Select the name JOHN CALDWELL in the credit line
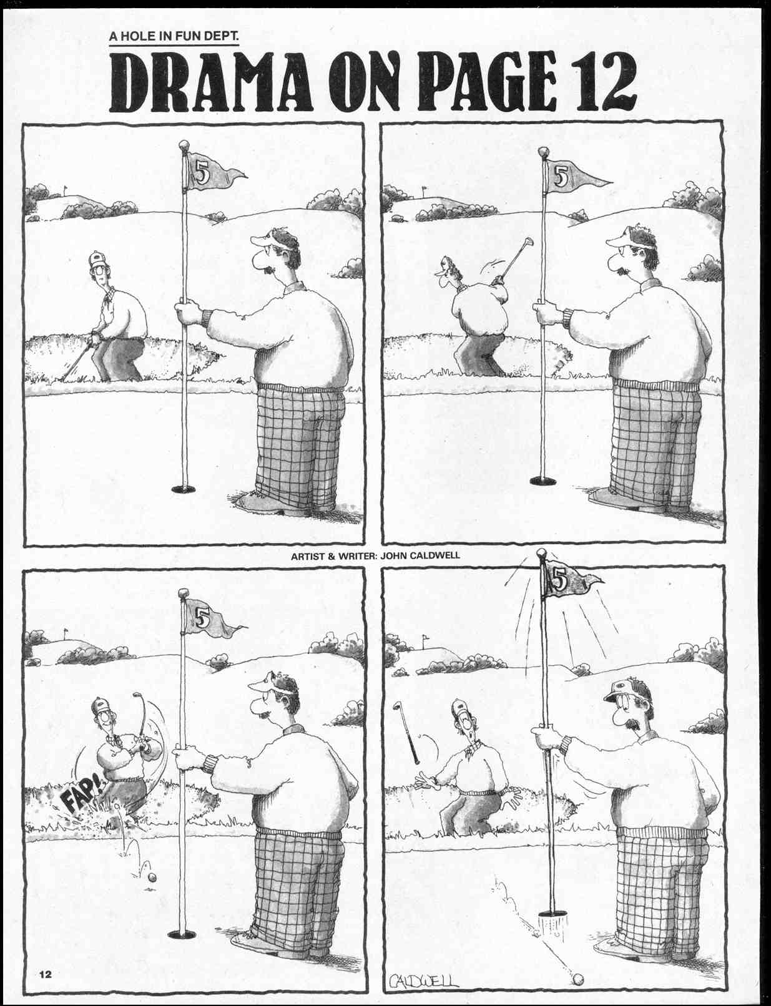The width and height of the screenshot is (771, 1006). click(x=420, y=555)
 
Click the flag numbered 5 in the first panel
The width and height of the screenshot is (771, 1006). click(x=213, y=172)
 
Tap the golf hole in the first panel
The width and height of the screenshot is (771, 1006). click(x=184, y=489)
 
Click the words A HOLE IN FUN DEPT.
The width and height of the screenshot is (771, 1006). click(x=174, y=37)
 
